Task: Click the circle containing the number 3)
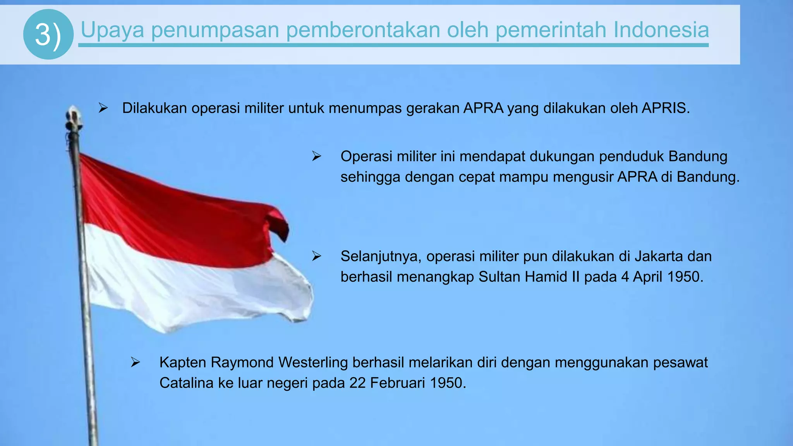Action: [x=48, y=34]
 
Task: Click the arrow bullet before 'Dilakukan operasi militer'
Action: [x=103, y=108]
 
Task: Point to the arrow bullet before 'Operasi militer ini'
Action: [x=317, y=156]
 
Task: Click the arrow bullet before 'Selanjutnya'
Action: [x=317, y=256]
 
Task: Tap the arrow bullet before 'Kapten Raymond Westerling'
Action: [x=135, y=362]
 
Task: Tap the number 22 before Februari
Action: [x=357, y=383]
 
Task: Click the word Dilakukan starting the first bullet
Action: [x=154, y=108]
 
